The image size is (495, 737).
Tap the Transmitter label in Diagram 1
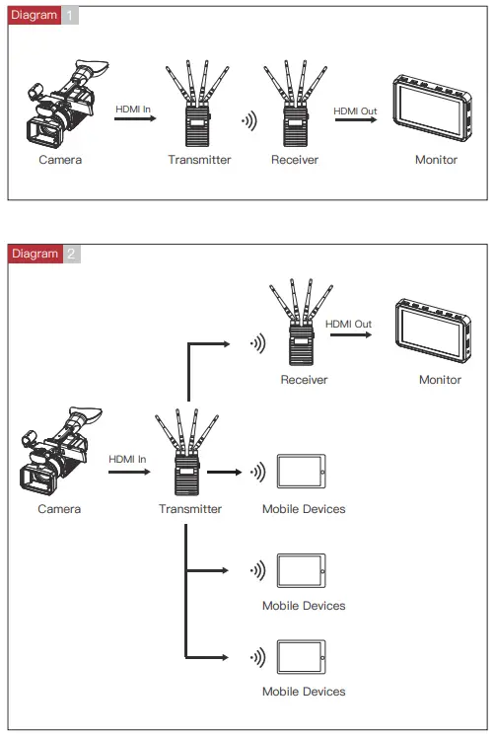pos(199,160)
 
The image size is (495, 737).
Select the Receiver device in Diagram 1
pos(292,109)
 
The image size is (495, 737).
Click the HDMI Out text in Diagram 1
pos(355,111)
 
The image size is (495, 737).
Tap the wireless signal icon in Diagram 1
pos(249,123)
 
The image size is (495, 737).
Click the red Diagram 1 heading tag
pos(35,17)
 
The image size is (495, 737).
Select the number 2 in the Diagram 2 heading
pos(71,254)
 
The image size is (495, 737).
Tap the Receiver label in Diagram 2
pos(304,380)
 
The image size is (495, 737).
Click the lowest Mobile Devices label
pos(304,692)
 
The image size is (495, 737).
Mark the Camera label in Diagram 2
pos(59,509)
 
